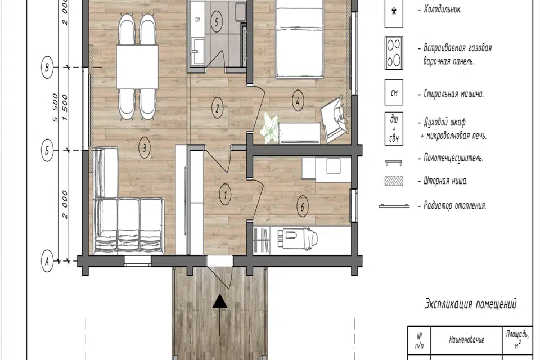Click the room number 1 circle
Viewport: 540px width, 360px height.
tap(225, 195)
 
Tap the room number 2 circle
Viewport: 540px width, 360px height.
tap(217, 108)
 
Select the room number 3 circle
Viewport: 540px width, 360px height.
tap(145, 148)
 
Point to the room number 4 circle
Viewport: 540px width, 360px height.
tap(298, 101)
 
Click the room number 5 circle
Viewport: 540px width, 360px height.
tap(216, 22)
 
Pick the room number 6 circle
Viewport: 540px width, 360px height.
tap(303, 207)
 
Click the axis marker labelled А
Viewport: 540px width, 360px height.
tap(47, 262)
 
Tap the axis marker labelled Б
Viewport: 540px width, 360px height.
tap(47, 151)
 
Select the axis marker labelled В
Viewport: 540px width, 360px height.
tap(47, 67)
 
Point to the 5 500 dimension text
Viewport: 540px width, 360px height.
tap(55, 108)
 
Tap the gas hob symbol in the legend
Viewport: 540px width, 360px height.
tap(394, 53)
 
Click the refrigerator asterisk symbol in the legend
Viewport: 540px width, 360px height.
tap(394, 11)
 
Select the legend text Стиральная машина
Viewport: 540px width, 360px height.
tap(453, 94)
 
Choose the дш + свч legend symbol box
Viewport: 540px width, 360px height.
tap(394, 129)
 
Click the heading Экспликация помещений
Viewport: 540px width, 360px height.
tap(470, 304)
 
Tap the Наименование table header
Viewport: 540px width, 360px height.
tap(466, 340)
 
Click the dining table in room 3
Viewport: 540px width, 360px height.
tap(137, 67)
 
